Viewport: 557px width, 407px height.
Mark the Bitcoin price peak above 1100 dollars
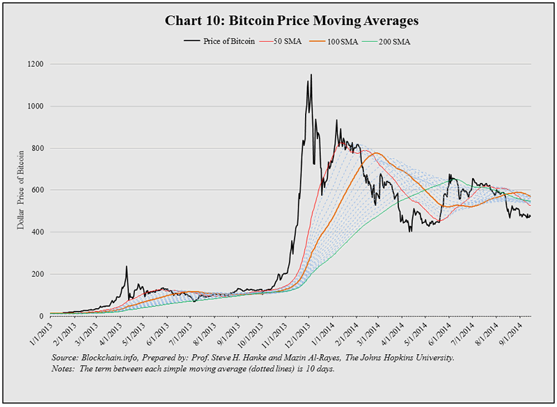pos(311,75)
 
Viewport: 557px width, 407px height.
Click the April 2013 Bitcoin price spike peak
pos(126,266)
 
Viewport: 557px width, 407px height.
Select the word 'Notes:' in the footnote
pos(65,369)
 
